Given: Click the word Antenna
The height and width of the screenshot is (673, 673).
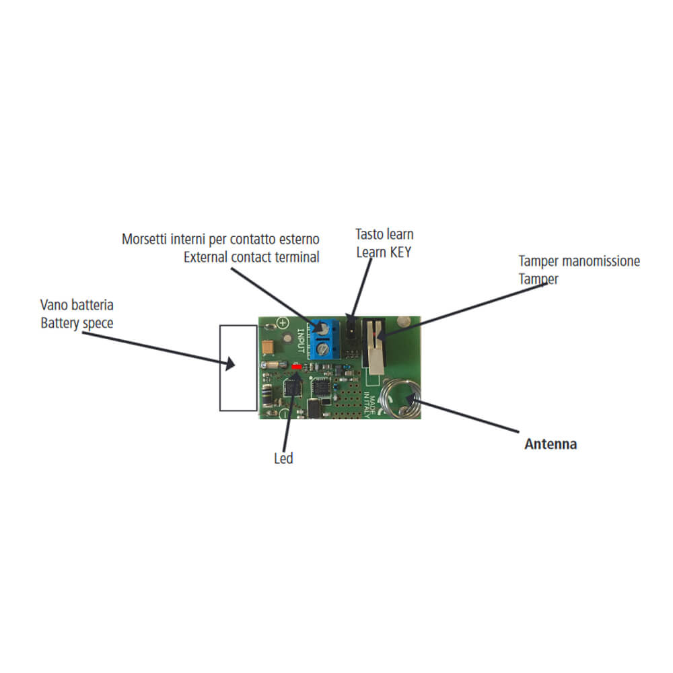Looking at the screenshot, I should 550,444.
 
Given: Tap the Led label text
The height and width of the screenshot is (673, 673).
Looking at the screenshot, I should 283,459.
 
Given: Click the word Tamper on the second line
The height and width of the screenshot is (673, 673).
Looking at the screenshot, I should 538,279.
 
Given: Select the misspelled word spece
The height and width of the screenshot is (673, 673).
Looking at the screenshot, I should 98,322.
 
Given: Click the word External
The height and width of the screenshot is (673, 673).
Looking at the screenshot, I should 207,256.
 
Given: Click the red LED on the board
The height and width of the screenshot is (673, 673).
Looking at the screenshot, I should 296,366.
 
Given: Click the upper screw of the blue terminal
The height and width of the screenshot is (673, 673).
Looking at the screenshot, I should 324,328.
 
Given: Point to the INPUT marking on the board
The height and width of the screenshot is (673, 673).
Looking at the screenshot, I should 301,340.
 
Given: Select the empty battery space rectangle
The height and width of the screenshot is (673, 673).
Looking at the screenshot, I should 238,367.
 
